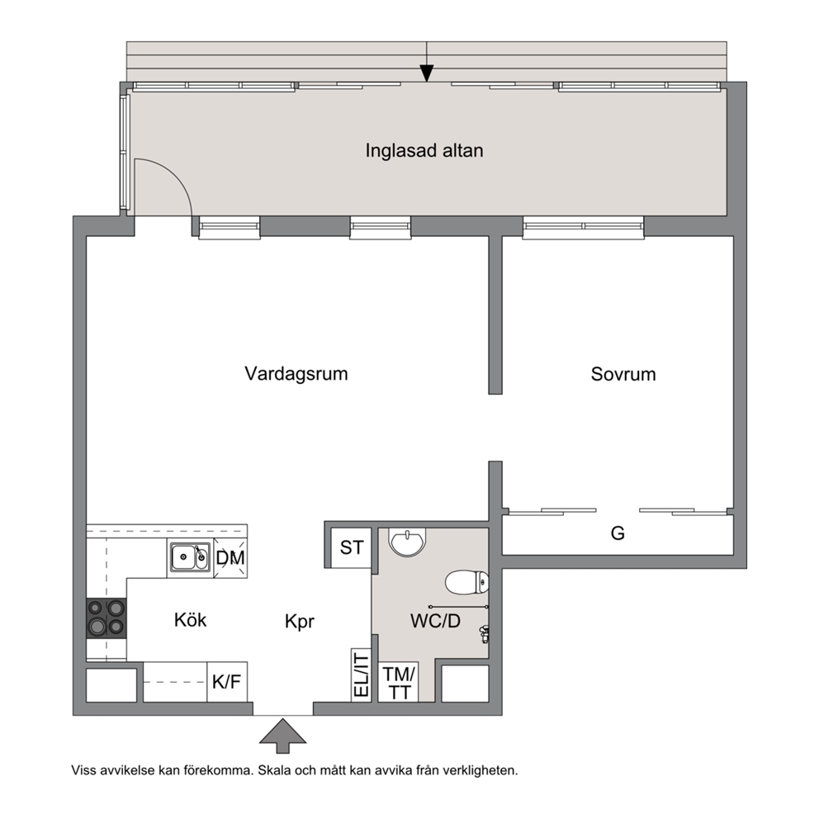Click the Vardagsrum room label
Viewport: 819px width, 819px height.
pos(296,374)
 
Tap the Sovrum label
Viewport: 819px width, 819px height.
pos(623,374)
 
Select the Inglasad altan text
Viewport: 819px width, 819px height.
pos(424,150)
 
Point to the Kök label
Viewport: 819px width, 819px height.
pos(190,620)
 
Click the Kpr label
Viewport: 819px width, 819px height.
pos(300,622)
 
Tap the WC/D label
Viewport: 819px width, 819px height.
pos(435,621)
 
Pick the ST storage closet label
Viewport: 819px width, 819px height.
pos(352,548)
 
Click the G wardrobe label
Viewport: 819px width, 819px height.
pos(618,533)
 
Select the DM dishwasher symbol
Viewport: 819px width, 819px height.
pos(230,558)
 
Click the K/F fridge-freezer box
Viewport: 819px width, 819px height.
pos(227,682)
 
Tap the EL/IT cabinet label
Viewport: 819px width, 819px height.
pos(362,675)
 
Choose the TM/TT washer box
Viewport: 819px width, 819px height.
pos(399,683)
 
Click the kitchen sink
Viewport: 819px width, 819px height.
pos(190,557)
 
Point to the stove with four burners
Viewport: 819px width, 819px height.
pos(107,618)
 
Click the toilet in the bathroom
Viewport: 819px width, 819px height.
pos(467,583)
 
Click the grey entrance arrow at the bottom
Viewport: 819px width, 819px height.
pos(282,736)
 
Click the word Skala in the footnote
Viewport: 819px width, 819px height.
pos(272,770)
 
